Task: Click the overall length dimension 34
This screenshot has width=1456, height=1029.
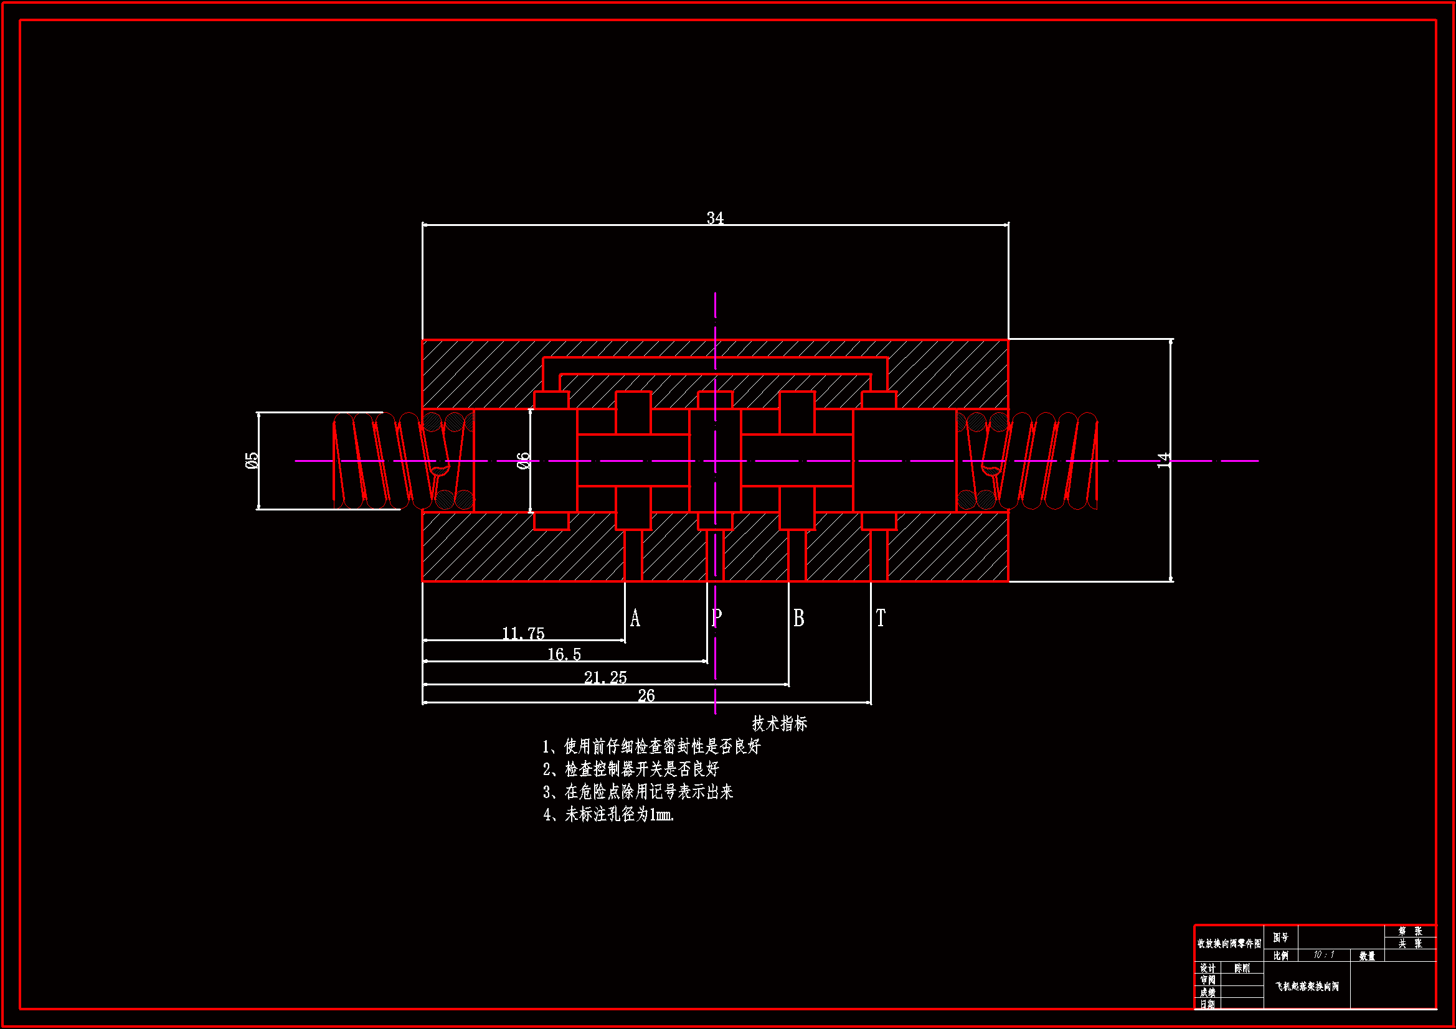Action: (x=715, y=218)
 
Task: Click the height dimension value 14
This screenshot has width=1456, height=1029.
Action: (x=1163, y=460)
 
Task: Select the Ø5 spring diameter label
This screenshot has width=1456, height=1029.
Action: (x=252, y=460)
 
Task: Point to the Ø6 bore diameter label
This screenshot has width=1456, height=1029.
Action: (x=523, y=460)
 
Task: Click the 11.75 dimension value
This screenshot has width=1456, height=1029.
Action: (x=523, y=633)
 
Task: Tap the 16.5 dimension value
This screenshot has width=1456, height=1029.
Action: (x=564, y=654)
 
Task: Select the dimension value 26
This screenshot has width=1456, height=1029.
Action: (x=646, y=695)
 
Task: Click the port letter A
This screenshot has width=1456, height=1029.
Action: (x=635, y=618)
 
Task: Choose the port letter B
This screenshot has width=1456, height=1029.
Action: (x=798, y=618)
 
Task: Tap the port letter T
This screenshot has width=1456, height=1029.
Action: (x=880, y=618)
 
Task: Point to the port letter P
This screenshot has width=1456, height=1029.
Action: (x=717, y=617)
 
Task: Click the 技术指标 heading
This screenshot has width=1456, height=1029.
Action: (x=779, y=723)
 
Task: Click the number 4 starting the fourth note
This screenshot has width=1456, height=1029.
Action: (x=547, y=815)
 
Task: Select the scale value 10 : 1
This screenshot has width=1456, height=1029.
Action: (x=1323, y=955)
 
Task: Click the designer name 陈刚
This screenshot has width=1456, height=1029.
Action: (x=1242, y=968)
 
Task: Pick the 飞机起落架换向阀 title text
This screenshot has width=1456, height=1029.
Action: (x=1307, y=987)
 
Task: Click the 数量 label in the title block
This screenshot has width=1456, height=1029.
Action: (x=1367, y=956)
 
